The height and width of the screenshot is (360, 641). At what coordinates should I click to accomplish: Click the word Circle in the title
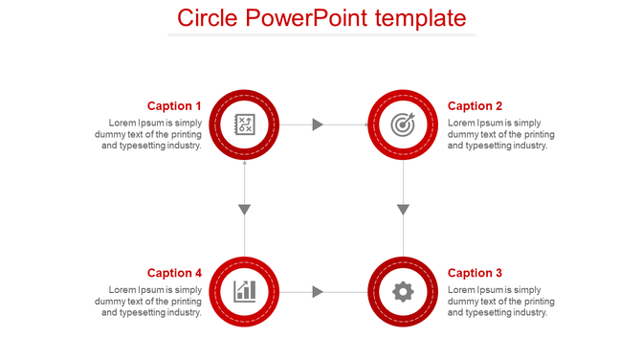pos(207,18)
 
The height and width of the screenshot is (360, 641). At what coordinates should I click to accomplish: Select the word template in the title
pos(422,18)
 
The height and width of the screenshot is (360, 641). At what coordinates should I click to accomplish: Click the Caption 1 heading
pos(174,106)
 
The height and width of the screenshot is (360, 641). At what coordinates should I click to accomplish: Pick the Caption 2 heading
pos(475,106)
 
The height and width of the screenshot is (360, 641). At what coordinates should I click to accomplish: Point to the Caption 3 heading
pos(475,273)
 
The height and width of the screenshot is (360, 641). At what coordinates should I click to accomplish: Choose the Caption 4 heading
pos(174,273)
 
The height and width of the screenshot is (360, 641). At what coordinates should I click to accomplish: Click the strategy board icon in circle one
pos(244,124)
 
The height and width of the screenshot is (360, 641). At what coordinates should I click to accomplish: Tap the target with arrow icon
pos(404,124)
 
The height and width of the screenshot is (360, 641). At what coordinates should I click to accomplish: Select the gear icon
pos(404,291)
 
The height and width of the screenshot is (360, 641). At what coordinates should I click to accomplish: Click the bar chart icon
pos(244,291)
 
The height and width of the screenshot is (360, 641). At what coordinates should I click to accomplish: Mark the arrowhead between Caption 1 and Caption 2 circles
pos(319,124)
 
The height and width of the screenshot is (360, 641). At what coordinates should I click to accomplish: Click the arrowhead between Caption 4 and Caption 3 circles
pos(319,291)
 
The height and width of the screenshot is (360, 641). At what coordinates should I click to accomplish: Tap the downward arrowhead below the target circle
pos(404,210)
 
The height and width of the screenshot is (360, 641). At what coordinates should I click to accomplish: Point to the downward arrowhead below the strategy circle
pos(245,210)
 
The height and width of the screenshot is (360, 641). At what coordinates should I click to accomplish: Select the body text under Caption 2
pos(500,134)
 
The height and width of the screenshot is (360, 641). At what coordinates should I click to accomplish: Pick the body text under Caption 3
pos(500,301)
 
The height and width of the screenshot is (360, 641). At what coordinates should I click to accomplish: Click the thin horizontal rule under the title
pos(321,35)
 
